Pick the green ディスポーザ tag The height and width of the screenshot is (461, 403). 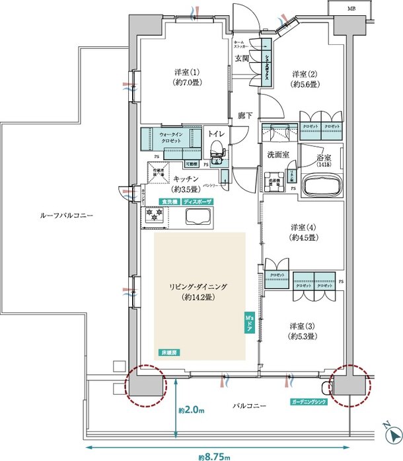(198, 201)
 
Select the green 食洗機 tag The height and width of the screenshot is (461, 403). (168, 201)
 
